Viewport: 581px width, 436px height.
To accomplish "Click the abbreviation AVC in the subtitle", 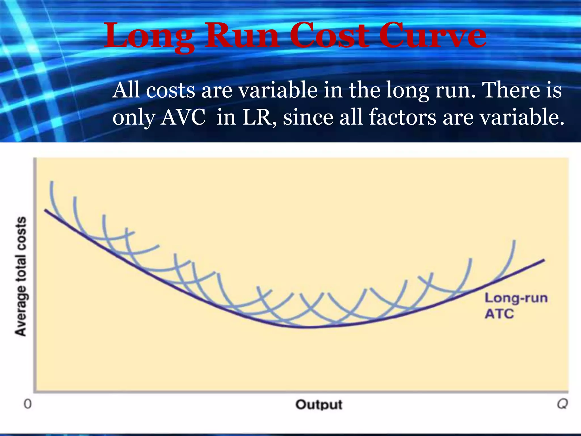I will point(183,117).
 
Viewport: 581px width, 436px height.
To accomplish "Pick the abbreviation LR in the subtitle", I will point(257,117).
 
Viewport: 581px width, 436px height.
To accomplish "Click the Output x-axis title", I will point(319,404).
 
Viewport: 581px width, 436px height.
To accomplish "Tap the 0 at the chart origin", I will point(28,404).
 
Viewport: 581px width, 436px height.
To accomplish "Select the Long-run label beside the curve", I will point(516,298).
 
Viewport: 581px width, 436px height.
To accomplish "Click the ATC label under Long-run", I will point(499,314).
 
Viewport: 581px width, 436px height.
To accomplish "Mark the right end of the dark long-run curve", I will point(544,260).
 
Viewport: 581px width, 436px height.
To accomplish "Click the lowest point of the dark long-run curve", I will point(306,327).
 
